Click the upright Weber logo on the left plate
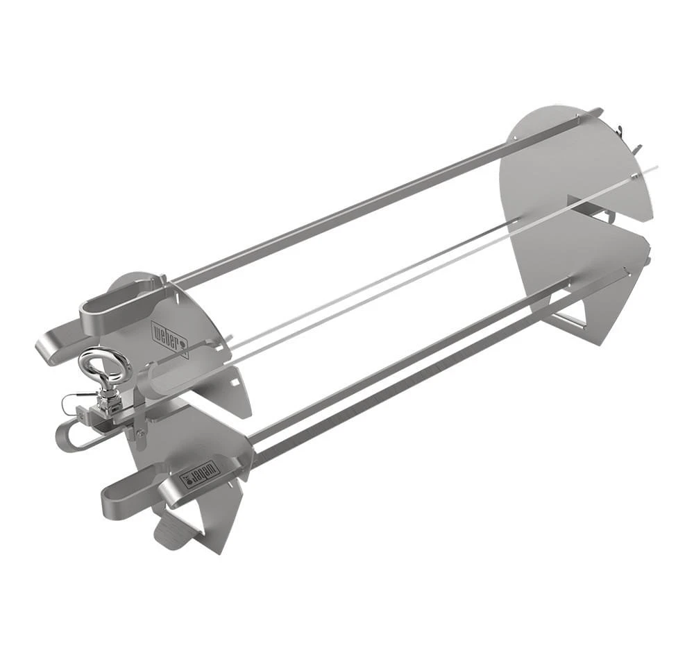click(x=169, y=339)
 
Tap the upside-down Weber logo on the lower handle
click(x=200, y=474)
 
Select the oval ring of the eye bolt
click(x=105, y=366)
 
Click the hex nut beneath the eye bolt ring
click(x=109, y=398)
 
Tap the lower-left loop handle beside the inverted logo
click(x=128, y=496)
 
